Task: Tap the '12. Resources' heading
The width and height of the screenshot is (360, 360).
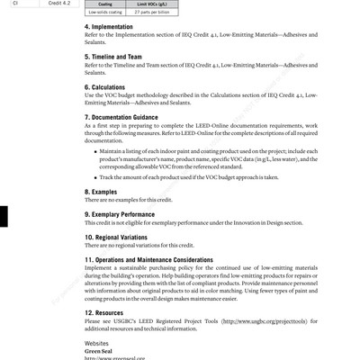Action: (106, 312)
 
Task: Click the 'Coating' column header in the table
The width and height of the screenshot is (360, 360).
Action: (104, 4)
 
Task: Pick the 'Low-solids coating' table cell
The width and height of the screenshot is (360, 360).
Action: (104, 13)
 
